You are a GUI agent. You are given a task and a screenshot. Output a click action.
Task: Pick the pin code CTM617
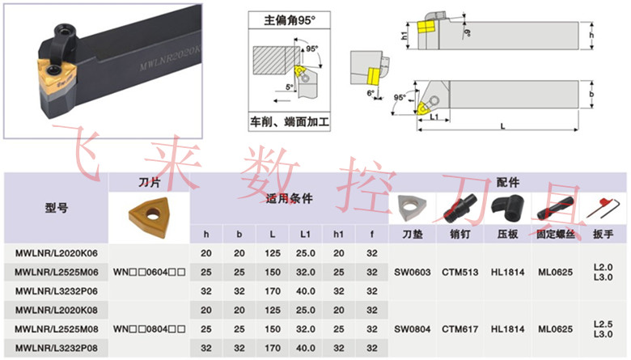pyautogui.click(x=459, y=329)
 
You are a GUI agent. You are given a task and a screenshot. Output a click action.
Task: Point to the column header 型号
pyautogui.click(x=57, y=208)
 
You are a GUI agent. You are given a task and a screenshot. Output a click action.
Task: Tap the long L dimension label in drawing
pyautogui.click(x=502, y=125)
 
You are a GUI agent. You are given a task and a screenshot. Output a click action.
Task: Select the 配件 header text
pyautogui.click(x=508, y=183)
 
